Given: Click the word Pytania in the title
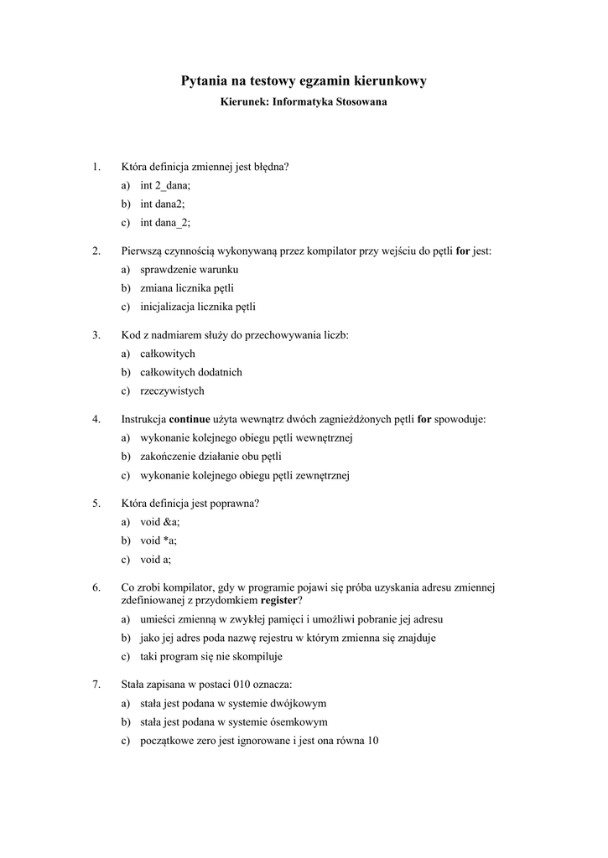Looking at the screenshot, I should (x=205, y=81).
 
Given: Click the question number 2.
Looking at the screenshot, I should (x=96, y=251).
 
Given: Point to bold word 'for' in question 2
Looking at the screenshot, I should (x=462, y=251).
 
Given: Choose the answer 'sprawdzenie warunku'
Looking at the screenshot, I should (x=190, y=269).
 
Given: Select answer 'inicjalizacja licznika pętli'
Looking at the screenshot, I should (x=198, y=306).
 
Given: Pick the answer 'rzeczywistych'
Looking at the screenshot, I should (x=172, y=390).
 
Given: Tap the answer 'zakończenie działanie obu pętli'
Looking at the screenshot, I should (x=210, y=456).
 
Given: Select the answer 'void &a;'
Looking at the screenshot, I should (x=159, y=521).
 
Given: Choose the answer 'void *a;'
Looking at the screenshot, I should (x=158, y=540).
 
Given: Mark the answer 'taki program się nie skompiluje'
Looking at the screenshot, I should (x=211, y=656).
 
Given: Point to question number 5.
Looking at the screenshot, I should (x=96, y=503).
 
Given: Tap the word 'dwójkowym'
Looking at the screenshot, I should (x=299, y=703).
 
